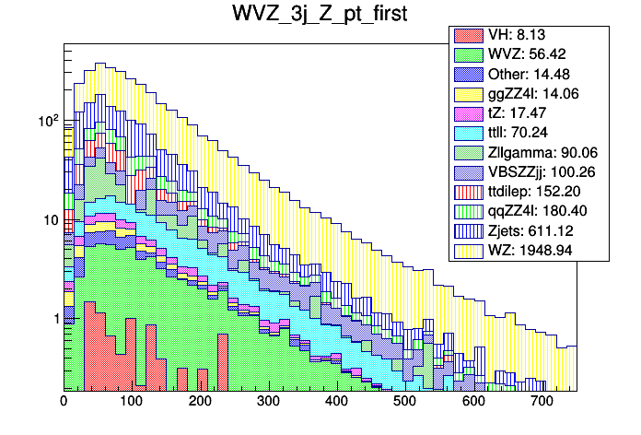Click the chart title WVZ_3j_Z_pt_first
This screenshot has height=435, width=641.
click(x=320, y=16)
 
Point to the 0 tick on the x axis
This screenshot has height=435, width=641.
click(x=64, y=402)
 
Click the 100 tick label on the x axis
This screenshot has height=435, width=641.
click(x=132, y=402)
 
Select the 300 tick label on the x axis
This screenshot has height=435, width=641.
click(x=268, y=402)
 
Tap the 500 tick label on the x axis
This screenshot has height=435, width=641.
click(x=405, y=402)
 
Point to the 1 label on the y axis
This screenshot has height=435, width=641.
click(x=52, y=318)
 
